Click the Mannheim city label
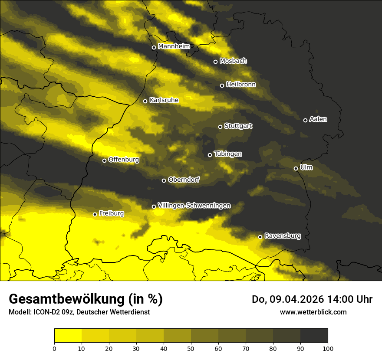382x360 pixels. coord(174,46)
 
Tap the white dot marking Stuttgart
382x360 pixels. coord(220,127)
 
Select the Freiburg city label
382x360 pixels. coord(111,213)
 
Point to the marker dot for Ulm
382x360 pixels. coord(296,168)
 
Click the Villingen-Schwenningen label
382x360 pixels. coord(194,206)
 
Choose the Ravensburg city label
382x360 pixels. coord(282,236)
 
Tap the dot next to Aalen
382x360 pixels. coord(305,120)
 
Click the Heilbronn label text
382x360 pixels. coord(241,85)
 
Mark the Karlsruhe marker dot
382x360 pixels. coord(145,101)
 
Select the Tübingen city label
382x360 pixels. coord(228,154)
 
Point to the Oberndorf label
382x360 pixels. coord(184,180)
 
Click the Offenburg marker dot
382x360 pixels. coord(104,160)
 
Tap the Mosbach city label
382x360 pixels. coord(233,61)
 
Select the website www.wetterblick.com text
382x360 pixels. coord(313,312)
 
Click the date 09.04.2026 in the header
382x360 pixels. coord(295,299)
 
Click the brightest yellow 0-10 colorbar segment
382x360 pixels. coord(68,335)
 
